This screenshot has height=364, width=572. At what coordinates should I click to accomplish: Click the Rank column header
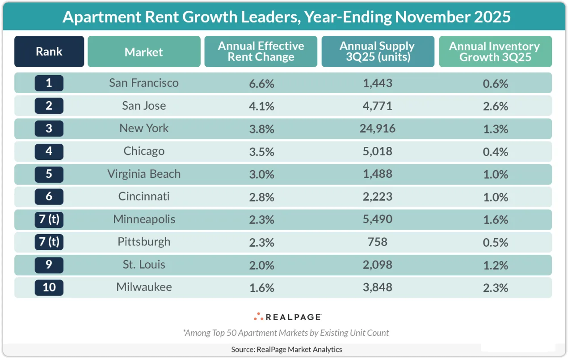[x=49, y=51]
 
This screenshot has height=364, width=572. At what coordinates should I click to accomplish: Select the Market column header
[x=144, y=52]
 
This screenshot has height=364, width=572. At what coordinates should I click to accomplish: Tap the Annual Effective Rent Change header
[x=261, y=51]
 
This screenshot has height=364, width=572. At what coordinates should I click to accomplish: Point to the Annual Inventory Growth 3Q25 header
[x=495, y=51]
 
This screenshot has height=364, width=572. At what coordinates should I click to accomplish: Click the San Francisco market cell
[x=144, y=83]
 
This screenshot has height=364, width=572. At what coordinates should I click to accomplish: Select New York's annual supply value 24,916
[x=378, y=128]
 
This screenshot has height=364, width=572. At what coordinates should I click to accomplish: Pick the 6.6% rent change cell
[x=261, y=83]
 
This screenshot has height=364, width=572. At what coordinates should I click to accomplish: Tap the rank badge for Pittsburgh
[x=49, y=242]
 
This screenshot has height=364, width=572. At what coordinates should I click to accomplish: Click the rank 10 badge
[x=49, y=287]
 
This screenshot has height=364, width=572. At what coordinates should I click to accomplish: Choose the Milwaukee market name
[x=144, y=287]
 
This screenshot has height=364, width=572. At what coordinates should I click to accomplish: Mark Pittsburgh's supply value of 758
[x=378, y=242]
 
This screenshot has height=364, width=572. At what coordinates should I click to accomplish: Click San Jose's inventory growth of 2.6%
[x=495, y=106]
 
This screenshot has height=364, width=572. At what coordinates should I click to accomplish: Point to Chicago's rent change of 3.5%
[x=261, y=151]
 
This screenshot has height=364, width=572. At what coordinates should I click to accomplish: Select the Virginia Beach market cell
[x=144, y=174]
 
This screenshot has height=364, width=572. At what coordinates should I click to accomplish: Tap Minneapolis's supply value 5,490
[x=378, y=219]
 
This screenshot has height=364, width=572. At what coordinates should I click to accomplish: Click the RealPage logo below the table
[x=287, y=317]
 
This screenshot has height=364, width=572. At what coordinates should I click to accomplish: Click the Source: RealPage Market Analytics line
[x=286, y=349]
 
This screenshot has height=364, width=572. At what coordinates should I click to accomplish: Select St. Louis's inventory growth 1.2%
[x=495, y=265]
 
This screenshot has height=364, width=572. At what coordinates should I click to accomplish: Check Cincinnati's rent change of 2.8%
[x=261, y=197]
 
